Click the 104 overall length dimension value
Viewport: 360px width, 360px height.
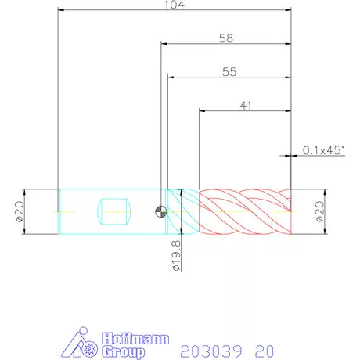coord(174,5)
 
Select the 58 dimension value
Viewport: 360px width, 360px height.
coord(226,38)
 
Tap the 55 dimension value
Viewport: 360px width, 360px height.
coord(229,72)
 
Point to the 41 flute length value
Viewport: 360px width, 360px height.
coord(246,106)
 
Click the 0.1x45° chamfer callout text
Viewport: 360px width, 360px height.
coord(323,150)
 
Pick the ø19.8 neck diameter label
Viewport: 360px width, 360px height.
coord(176,256)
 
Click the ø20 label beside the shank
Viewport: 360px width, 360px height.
coord(20,211)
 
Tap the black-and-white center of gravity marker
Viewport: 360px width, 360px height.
coord(160,211)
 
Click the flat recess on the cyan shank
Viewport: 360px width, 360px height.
coord(113,211)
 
